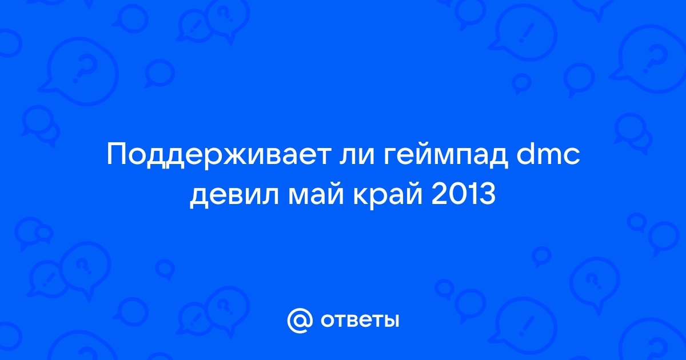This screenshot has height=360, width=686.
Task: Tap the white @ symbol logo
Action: pos(300,321)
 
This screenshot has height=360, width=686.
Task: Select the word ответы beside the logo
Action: pos(360,321)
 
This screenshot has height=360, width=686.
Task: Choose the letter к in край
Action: pos(361,196)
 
